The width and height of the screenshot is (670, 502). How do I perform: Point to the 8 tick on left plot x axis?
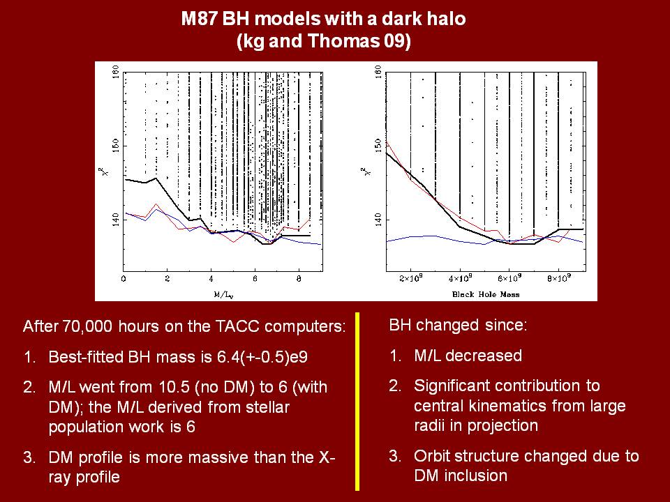(299, 280)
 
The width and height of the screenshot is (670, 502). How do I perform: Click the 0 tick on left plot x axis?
(124, 280)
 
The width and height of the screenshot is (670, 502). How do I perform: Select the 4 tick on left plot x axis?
(211, 280)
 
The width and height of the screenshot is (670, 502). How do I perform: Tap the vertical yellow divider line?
(358, 401)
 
